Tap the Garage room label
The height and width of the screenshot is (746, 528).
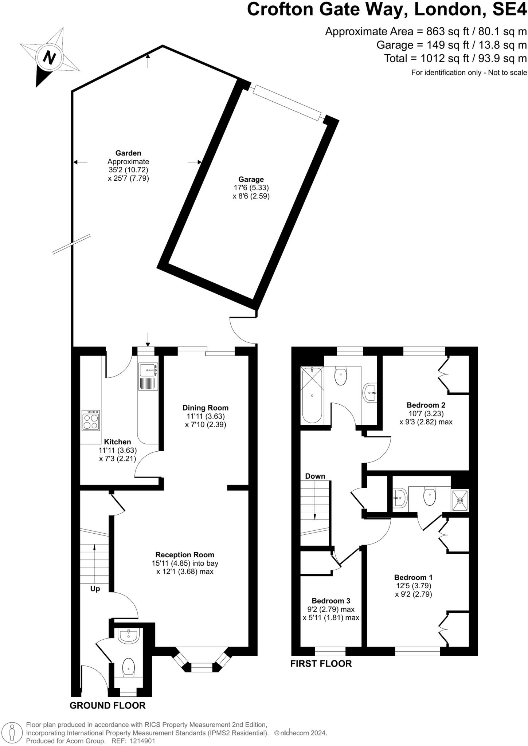pos(251,179)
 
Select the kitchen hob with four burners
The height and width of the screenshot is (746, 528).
pos(91,420)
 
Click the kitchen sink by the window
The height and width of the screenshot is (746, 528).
pos(148,370)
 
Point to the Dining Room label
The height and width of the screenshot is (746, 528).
pos(205,408)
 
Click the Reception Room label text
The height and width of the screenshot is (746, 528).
pos(185,555)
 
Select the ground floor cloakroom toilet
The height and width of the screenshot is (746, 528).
pos(128,667)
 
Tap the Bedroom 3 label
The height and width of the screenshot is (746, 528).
pos(331,601)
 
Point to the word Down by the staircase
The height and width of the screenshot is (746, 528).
pos(315,476)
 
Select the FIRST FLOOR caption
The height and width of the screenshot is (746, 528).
pos(321,663)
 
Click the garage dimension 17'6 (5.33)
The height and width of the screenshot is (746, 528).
pos(251,188)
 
